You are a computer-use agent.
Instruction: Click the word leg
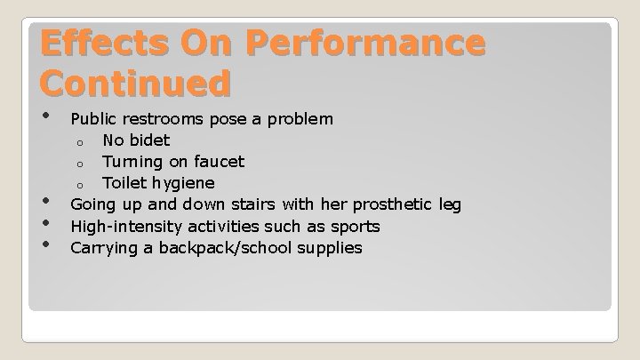click(x=450, y=205)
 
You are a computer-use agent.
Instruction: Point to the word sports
click(x=356, y=227)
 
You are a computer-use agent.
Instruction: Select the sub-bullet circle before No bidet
click(x=79, y=141)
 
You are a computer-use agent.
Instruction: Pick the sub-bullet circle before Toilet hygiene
click(x=79, y=185)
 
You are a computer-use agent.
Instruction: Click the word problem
click(x=301, y=118)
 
